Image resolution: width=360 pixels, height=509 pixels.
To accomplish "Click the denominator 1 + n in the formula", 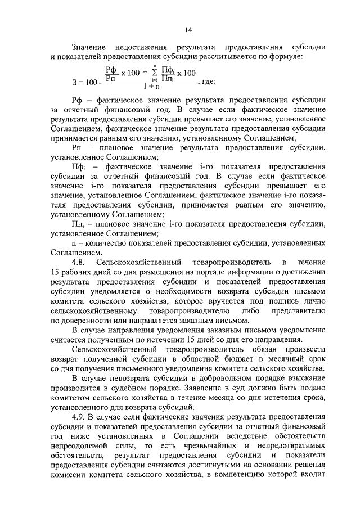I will pos(151,87).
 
